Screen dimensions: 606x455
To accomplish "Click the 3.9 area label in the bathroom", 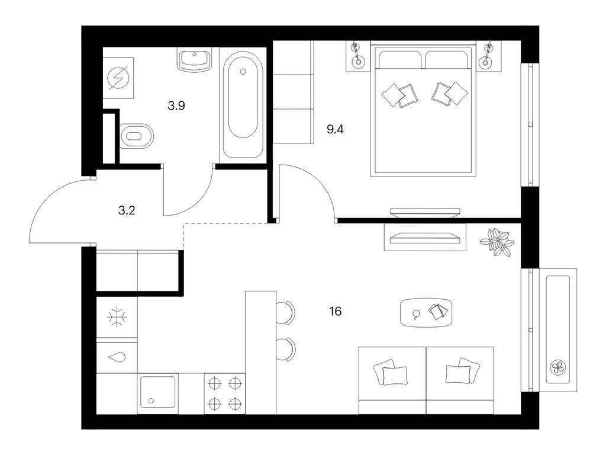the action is tap(176, 105).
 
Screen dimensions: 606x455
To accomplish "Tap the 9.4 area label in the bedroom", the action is tap(335, 129).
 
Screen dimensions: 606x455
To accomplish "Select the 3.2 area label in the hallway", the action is tap(127, 210).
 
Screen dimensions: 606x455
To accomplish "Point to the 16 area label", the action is tap(336, 311).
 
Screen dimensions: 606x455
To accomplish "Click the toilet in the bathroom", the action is tap(137, 136).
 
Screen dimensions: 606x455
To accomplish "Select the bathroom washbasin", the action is tap(195, 60).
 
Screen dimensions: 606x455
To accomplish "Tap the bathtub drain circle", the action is tap(243, 72).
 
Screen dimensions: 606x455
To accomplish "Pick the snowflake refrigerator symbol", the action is tap(117, 318).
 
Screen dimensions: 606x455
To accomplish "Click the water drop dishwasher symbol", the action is tap(117, 358).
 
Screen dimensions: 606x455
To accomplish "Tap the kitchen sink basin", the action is tap(157, 392).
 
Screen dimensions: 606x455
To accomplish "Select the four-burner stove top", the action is tap(224, 394).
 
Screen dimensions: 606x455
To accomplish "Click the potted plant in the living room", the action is tap(497, 242).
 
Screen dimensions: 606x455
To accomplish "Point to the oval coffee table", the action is tap(426, 312).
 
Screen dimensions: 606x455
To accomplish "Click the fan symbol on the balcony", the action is tap(557, 367).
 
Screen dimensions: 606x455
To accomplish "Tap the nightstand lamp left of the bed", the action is tap(357, 55).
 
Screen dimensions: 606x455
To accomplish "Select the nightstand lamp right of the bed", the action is tap(487, 55).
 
